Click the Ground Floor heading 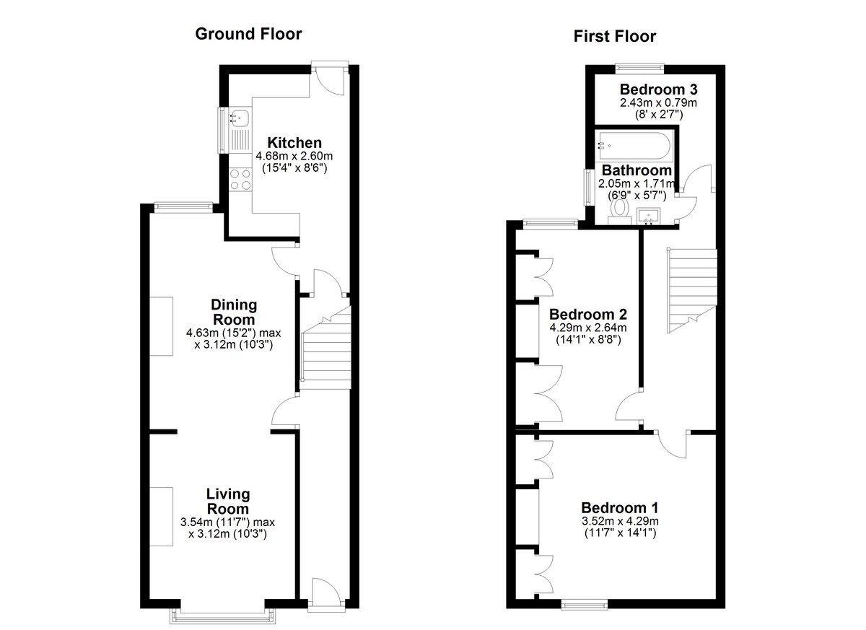pos(248,34)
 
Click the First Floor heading pos(615,36)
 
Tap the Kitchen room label pos(294,143)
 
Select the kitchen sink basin pos(239,118)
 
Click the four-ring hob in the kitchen pos(240,180)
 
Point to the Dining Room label pos(234,312)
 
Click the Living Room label pos(228,501)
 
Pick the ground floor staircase pos(326,347)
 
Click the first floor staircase pos(692,291)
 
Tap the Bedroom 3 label pos(659,89)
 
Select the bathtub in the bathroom pos(636,146)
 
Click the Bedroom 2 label pos(588,314)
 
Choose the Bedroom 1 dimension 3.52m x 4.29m pos(620,521)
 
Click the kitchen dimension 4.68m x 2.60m pos(294,156)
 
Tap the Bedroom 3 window pos(640,69)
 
